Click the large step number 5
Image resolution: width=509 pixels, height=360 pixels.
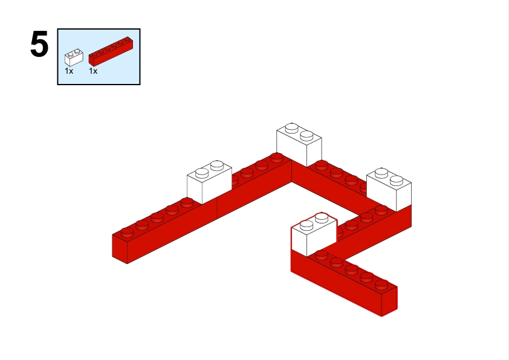tap(39, 44)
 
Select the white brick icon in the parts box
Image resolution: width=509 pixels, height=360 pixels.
tap(74, 58)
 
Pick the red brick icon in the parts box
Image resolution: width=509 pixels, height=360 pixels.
tap(111, 51)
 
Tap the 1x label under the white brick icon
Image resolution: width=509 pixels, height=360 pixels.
tap(69, 71)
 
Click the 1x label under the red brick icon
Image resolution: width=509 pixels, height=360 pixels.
tap(93, 71)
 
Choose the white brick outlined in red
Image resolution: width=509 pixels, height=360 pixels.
tap(314, 234)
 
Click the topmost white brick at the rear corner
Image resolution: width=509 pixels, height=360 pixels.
tap(299, 144)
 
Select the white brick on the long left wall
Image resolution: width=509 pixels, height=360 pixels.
tap(209, 182)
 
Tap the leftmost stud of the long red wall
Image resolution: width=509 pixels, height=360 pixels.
tap(127, 232)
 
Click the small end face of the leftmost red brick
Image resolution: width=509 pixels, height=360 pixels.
tap(120, 249)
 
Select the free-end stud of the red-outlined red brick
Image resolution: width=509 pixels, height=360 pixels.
tap(381, 284)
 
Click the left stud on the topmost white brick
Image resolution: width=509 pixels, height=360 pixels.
tap(291, 128)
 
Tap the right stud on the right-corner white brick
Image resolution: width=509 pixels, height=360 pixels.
tap(397, 181)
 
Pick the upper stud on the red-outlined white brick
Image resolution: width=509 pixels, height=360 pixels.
tap(322, 217)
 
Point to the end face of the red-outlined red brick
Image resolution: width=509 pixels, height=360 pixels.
tap(389, 301)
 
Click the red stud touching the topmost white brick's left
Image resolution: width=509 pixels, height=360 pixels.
tap(277, 158)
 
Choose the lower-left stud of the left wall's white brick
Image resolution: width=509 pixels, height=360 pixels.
tap(202, 173)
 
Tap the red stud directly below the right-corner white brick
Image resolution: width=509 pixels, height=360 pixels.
tap(381, 210)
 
